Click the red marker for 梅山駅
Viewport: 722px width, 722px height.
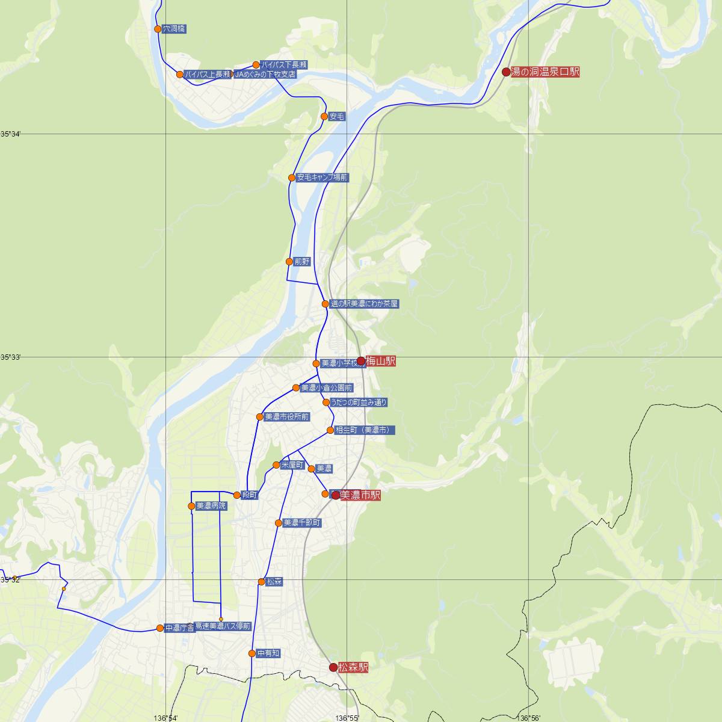coord(361,361)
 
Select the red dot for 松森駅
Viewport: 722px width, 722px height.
coord(333,667)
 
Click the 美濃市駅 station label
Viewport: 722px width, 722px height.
coord(360,495)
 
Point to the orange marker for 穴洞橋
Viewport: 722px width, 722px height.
coord(158,29)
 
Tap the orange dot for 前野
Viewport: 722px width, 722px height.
coord(289,262)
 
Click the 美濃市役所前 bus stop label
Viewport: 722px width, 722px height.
coord(287,417)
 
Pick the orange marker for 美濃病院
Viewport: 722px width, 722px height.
coord(191,506)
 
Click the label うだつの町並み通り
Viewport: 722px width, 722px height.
coord(359,403)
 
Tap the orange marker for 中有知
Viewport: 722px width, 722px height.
coord(252,653)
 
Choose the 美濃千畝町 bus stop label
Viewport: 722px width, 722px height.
coord(302,523)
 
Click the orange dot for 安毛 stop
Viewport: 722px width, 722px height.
coord(324,116)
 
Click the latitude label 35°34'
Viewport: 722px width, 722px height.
coord(11,134)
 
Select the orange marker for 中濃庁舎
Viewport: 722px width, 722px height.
coord(160,628)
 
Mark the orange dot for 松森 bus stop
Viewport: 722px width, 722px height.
coord(261,582)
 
